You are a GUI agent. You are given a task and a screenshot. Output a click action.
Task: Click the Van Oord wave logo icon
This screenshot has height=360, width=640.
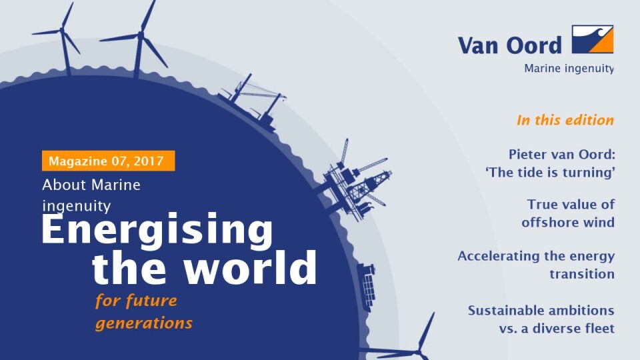click(x=592, y=39)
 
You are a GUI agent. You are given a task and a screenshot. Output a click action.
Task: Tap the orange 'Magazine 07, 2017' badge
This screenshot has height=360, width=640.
click(x=108, y=161)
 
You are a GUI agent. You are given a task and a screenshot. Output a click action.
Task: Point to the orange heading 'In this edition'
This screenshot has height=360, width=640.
click(x=565, y=120)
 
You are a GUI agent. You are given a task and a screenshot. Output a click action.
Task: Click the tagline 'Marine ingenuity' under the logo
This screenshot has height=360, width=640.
click(x=569, y=69)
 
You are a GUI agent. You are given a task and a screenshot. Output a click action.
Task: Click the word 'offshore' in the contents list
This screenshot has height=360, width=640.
click(x=546, y=222)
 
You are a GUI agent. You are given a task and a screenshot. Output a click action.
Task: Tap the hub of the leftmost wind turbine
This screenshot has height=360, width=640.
click(x=62, y=30)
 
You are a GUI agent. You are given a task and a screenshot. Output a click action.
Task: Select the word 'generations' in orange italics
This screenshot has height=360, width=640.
click(x=144, y=324)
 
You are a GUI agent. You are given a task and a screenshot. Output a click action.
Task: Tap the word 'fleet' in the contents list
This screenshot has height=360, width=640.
click(x=599, y=328)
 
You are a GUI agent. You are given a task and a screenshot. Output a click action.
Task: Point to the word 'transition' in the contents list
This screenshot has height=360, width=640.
click(x=581, y=274)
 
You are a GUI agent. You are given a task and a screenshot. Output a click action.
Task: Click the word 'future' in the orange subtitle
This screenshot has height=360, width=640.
click(x=151, y=301)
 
